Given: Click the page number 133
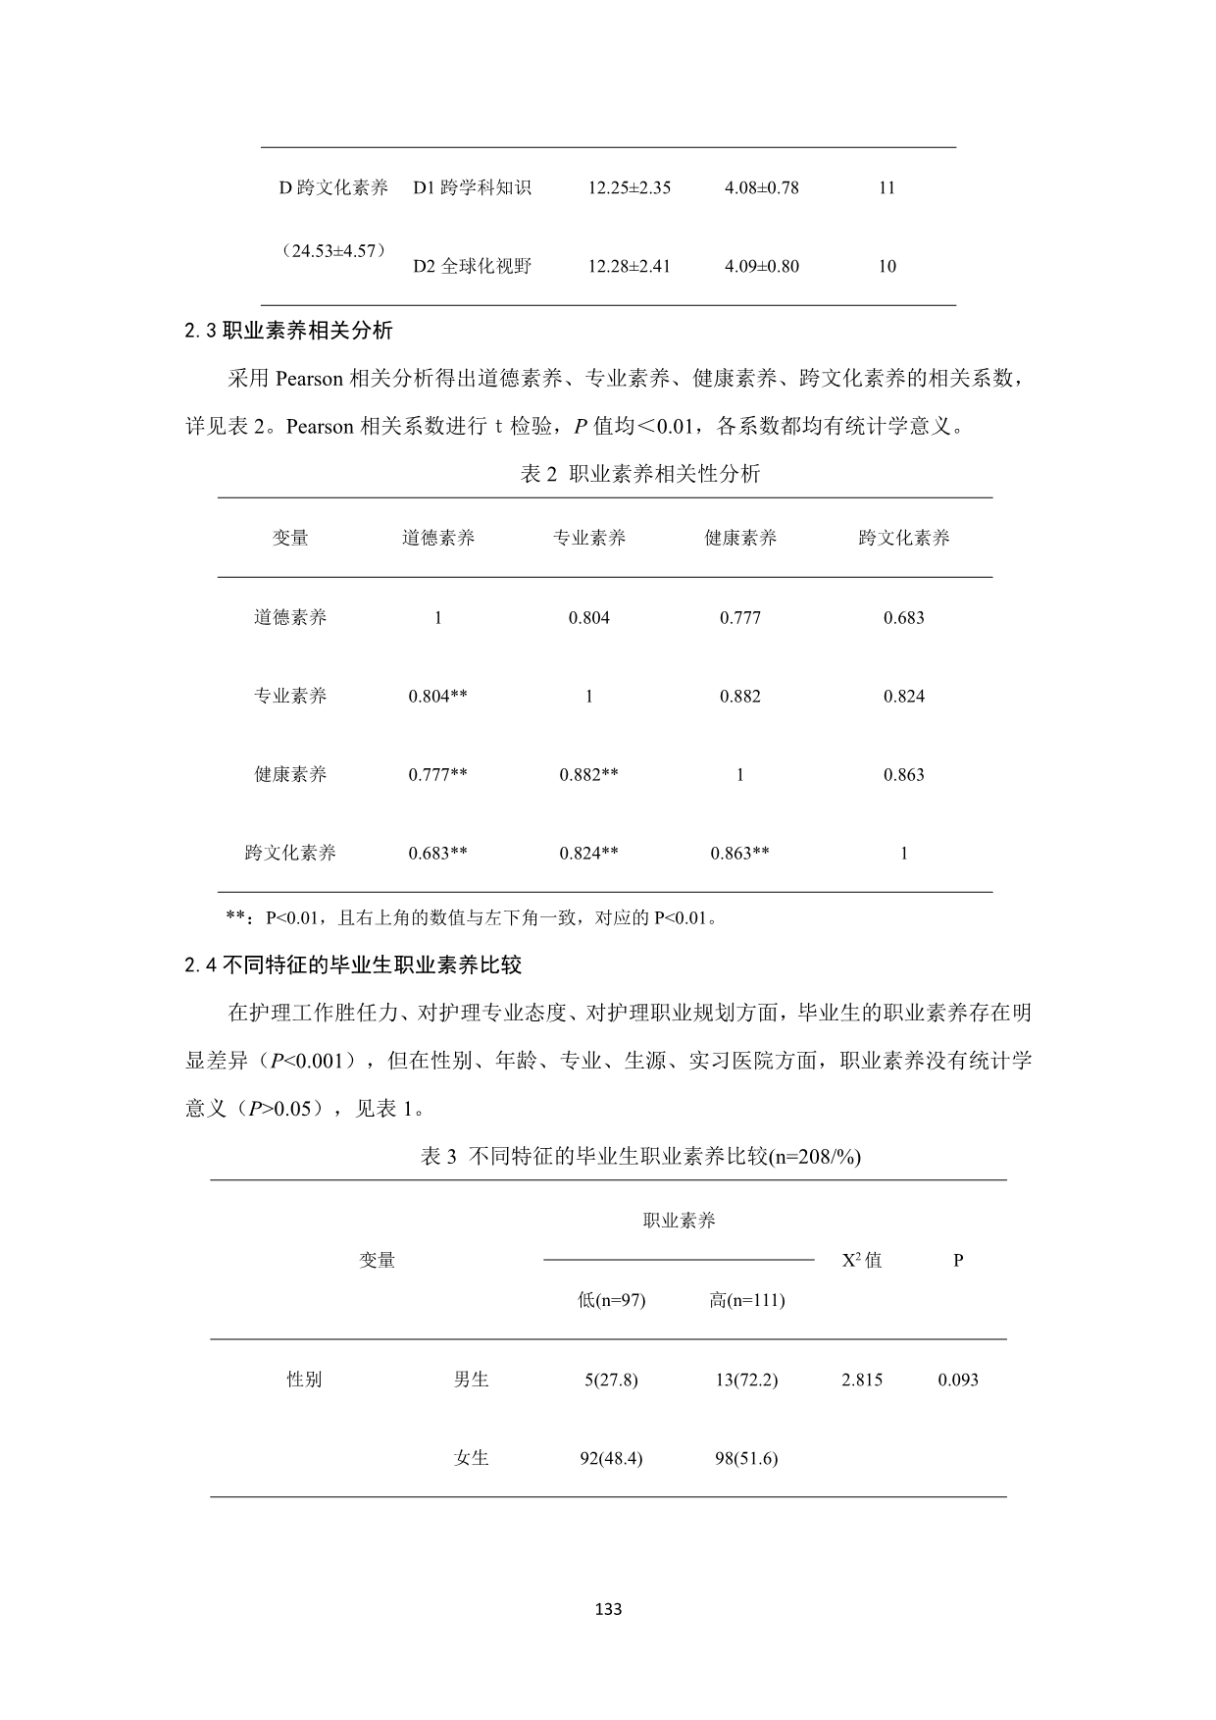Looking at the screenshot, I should tap(608, 1609).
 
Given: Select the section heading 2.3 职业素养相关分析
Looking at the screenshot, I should tap(288, 331).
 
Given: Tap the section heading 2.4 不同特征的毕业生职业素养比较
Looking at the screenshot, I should tap(353, 965).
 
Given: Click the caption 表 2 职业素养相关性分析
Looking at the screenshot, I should tap(639, 475).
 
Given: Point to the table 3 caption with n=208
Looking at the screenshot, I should tap(640, 1157).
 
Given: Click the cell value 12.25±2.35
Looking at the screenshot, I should tap(629, 187).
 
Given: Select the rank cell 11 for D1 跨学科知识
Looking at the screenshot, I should tap(887, 187).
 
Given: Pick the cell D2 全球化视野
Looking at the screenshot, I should tap(472, 266).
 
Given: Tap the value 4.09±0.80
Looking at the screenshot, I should tap(761, 266).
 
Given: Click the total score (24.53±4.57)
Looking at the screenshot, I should tap(333, 250).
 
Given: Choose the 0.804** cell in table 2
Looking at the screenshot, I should tap(437, 696).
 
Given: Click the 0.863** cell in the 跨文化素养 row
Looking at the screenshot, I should tap(739, 853).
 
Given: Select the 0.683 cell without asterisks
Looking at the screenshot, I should tap(903, 617).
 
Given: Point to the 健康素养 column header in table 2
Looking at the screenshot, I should tap(740, 538).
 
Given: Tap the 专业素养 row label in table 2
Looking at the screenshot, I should tap(290, 696).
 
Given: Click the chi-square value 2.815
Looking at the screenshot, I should tap(862, 1380).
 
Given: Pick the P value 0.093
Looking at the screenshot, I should tap(958, 1380).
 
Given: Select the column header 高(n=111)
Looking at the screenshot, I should tap(746, 1300).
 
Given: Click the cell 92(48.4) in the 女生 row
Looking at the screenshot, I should tap(611, 1458).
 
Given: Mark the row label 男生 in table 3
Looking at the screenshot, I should tap(471, 1380).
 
